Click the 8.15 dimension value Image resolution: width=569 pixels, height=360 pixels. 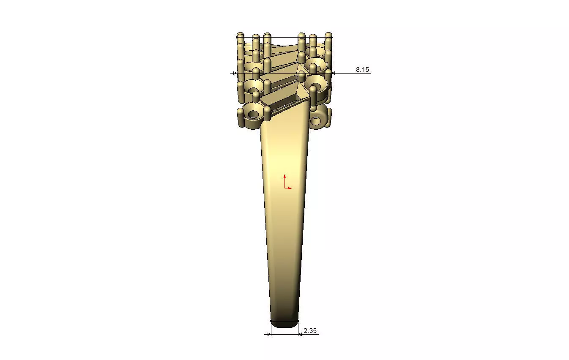click(x=362, y=70)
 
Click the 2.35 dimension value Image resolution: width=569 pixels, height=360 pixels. click(x=310, y=331)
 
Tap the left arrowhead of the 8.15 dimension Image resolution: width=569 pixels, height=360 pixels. click(x=235, y=73)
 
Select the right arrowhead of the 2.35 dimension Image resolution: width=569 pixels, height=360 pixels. click(x=300, y=334)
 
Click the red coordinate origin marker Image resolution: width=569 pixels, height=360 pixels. click(x=285, y=188)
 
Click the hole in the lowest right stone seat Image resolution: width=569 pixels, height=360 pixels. click(x=315, y=122)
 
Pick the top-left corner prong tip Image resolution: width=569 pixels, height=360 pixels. click(x=240, y=34)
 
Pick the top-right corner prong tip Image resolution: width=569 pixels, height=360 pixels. click(x=328, y=34)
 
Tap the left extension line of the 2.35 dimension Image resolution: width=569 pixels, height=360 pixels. click(x=271, y=329)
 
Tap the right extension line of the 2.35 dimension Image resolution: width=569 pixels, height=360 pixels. click(x=298, y=329)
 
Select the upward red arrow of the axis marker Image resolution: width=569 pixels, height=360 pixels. click(x=285, y=176)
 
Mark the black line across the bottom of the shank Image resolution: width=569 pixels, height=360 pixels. click(x=284, y=321)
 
